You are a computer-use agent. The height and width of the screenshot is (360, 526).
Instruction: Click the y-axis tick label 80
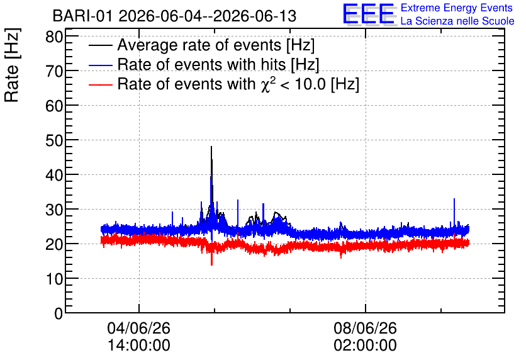[x=54, y=37]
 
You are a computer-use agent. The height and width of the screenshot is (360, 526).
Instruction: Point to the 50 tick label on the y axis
[x=54, y=140]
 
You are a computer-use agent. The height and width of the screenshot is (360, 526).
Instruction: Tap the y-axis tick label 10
[x=54, y=278]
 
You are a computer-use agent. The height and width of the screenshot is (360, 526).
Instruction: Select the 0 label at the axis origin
[x=59, y=313]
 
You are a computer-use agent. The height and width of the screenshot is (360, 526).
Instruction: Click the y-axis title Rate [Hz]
[x=12, y=65]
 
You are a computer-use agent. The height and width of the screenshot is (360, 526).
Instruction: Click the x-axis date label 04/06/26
[x=138, y=328]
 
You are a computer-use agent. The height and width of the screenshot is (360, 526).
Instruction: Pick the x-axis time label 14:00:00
[x=138, y=345]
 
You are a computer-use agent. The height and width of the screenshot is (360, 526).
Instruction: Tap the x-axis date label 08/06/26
[x=365, y=328]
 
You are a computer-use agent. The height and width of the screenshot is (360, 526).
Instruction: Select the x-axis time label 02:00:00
[x=365, y=345]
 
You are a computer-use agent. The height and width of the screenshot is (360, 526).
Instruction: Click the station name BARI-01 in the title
[x=82, y=16]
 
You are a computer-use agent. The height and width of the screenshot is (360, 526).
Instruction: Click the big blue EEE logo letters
[x=368, y=14]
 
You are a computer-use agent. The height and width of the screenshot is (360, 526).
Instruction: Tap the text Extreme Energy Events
[x=457, y=8]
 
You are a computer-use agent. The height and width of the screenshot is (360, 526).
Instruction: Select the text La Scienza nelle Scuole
[x=457, y=21]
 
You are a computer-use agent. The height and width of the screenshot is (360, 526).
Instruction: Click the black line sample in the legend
[x=100, y=45]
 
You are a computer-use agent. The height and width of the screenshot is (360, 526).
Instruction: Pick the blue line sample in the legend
[x=100, y=65]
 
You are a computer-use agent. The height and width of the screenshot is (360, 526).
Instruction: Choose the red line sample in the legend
[x=100, y=84]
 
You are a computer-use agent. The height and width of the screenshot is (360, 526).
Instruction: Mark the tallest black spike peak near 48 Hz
[x=211, y=147]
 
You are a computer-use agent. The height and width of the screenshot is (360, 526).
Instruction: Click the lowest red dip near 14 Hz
[x=211, y=265]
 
